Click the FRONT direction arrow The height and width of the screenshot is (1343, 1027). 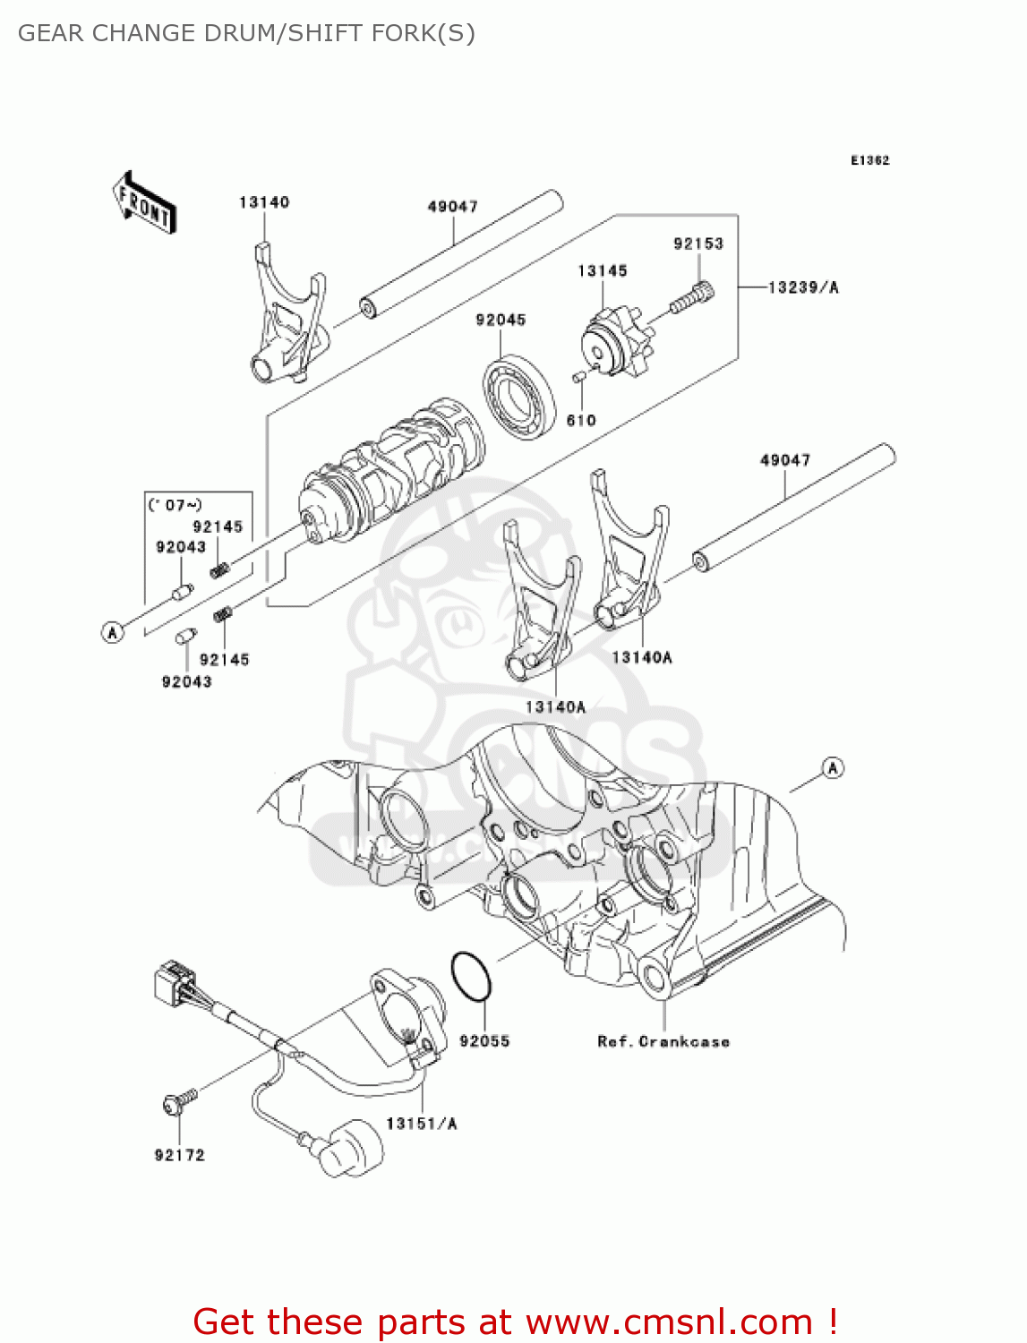click(x=144, y=202)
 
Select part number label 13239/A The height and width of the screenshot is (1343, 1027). click(x=803, y=287)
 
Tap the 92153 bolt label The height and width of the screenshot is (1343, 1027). click(x=698, y=244)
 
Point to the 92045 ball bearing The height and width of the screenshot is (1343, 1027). click(x=518, y=396)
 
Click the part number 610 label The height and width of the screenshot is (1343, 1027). click(x=581, y=420)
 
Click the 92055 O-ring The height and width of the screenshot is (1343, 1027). click(x=471, y=976)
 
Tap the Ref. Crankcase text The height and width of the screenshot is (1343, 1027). click(x=663, y=1041)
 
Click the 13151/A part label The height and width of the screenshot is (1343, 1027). click(x=421, y=1124)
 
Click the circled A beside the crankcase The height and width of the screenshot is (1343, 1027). click(x=833, y=768)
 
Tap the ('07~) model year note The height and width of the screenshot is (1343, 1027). click(x=175, y=505)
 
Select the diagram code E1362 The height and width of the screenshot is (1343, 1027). click(x=869, y=160)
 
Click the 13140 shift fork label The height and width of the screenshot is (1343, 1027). click(x=264, y=202)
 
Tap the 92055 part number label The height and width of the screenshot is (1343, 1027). click(x=484, y=1041)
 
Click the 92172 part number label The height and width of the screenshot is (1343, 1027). click(x=180, y=1155)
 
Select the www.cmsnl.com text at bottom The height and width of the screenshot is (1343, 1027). click(x=668, y=1322)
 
